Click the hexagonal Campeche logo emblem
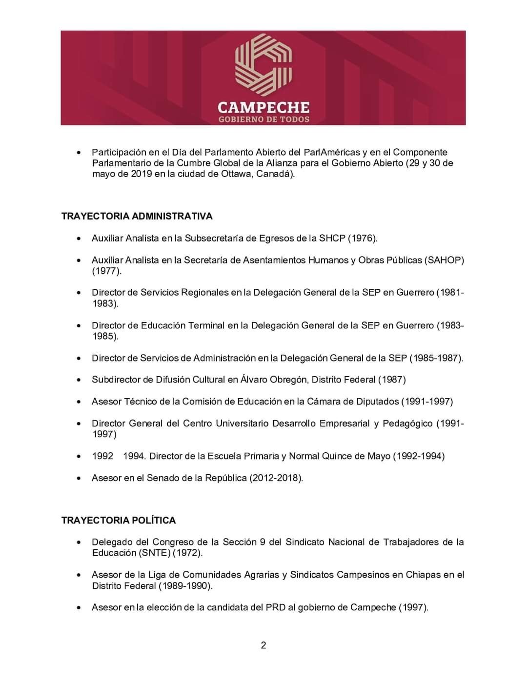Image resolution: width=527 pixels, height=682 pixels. click(263, 63)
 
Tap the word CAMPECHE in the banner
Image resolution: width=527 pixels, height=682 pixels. click(263, 107)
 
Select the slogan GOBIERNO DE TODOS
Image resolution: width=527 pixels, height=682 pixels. click(263, 120)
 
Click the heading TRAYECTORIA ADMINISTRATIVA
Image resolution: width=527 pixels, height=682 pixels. click(137, 216)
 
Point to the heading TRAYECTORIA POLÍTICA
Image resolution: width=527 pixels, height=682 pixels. click(119, 521)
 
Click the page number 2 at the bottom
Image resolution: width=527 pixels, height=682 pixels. click(263, 645)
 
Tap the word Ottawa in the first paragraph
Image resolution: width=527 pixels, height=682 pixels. click(233, 174)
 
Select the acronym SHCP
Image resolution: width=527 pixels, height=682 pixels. click(332, 238)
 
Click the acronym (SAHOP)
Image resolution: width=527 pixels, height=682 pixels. click(444, 260)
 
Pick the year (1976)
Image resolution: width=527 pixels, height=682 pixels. click(363, 238)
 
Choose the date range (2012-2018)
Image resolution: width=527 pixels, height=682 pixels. click(276, 478)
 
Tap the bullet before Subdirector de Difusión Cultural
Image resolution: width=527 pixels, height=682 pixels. click(79, 380)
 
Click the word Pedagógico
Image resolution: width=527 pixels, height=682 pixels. click(407, 423)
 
